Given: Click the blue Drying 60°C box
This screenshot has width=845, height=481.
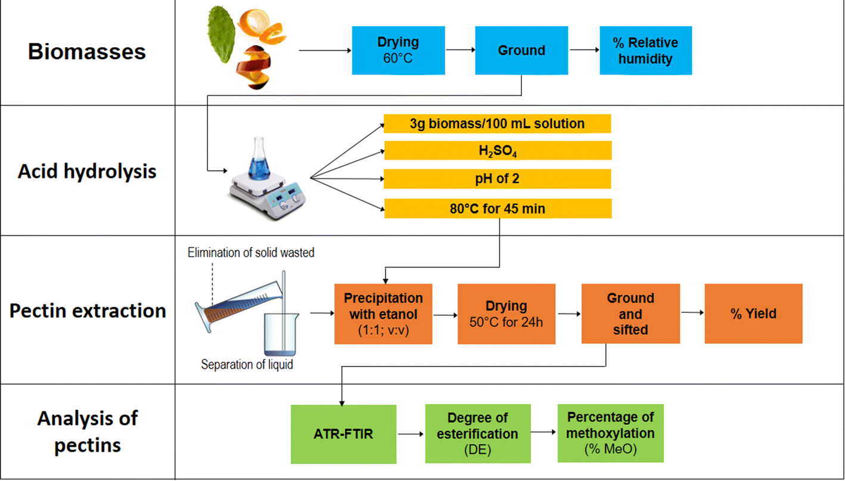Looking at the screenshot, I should [x=398, y=50].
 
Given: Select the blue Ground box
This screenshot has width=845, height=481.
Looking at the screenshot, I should [x=521, y=50].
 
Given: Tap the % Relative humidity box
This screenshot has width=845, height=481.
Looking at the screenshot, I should [x=645, y=50].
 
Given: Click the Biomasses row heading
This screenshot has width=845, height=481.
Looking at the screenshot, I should [x=87, y=52].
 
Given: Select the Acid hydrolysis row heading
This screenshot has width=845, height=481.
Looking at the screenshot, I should [x=87, y=172].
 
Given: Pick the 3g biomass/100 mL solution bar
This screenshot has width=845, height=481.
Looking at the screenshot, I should [x=497, y=124].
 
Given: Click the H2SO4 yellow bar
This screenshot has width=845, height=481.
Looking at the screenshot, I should [x=497, y=151].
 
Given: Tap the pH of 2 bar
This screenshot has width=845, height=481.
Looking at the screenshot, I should [x=497, y=179].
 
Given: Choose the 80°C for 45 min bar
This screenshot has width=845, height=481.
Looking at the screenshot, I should [x=497, y=209].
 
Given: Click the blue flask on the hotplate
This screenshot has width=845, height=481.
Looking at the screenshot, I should [x=259, y=160].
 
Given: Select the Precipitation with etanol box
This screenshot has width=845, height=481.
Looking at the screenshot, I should [x=383, y=314].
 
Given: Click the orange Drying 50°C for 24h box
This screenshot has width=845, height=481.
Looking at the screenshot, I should [x=506, y=314].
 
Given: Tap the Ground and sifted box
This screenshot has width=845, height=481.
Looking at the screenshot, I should [x=630, y=314].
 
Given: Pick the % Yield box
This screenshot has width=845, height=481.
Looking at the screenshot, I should [x=753, y=314].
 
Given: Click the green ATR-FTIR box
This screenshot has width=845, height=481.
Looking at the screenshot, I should [x=343, y=434].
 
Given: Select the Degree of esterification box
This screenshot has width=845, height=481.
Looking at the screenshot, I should [x=477, y=434].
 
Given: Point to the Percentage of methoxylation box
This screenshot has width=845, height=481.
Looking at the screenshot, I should [x=610, y=433].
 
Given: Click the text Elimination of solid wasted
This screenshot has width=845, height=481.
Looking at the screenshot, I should [x=251, y=253].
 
